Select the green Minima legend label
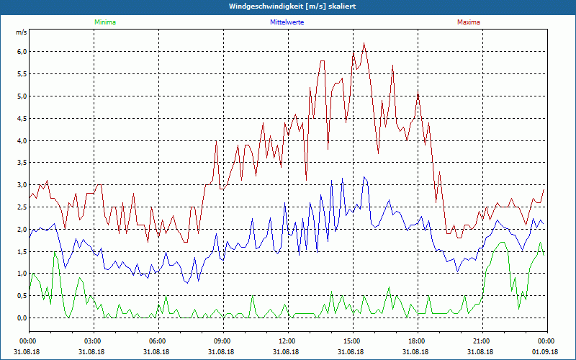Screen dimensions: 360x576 click(x=104, y=22)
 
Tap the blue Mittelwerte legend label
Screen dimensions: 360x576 click(x=287, y=22)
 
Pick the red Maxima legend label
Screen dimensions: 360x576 click(x=468, y=22)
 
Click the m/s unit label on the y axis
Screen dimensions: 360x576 click(x=21, y=33)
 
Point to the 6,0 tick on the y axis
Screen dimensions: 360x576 click(x=21, y=52)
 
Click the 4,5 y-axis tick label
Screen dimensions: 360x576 click(x=21, y=118)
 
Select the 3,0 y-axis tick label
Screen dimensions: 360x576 click(x=21, y=185)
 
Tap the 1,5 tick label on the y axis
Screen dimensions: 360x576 click(x=21, y=251)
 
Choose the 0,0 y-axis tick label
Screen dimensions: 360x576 click(x=21, y=318)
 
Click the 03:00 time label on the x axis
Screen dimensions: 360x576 click(x=92, y=341)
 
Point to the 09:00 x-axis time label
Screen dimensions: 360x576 click(x=222, y=341)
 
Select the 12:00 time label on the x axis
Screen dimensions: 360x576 click(x=287, y=341)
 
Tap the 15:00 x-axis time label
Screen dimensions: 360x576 click(x=351, y=341)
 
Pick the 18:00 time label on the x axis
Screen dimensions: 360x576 click(x=416, y=341)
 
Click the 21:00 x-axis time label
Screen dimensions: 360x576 click(x=481, y=341)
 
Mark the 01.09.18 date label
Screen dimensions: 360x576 click(x=545, y=352)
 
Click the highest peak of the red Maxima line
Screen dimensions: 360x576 click(x=364, y=43)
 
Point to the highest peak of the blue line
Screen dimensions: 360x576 click(x=364, y=176)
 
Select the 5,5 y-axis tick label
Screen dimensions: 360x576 click(x=21, y=74)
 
